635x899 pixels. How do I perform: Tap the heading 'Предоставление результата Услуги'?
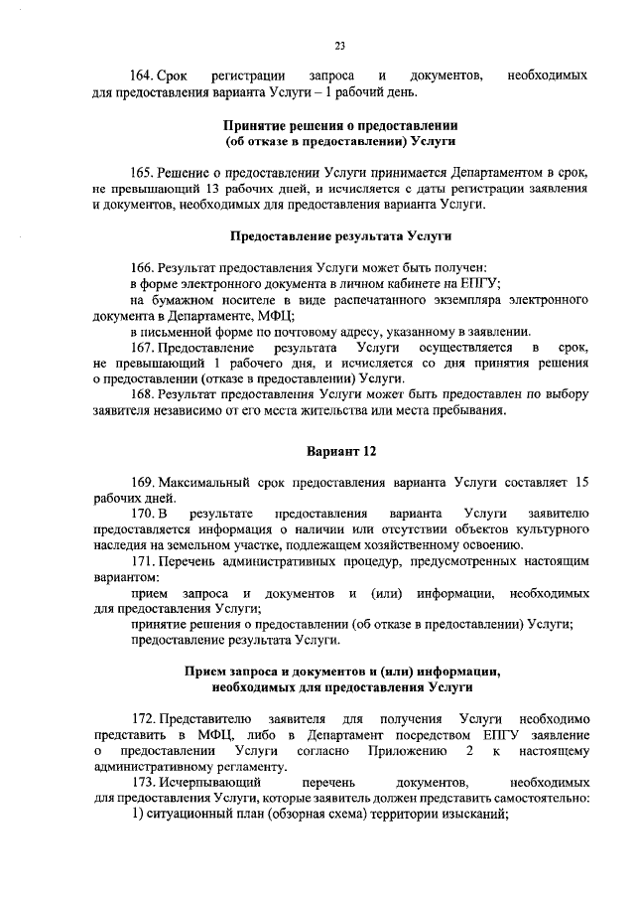click(340, 237)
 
